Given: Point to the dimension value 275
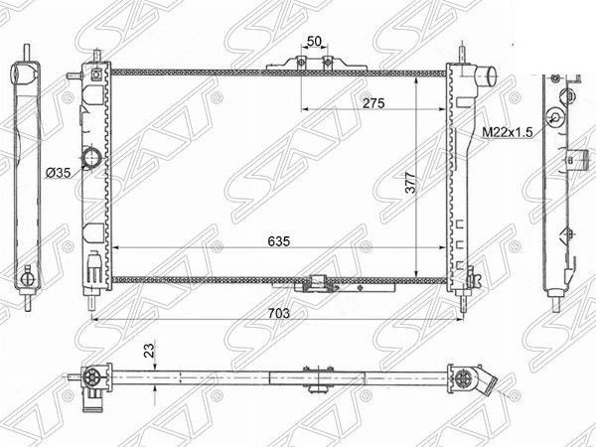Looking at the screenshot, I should point(373,103).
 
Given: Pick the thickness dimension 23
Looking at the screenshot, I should point(146,351).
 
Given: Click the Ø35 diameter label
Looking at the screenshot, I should point(58,172).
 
